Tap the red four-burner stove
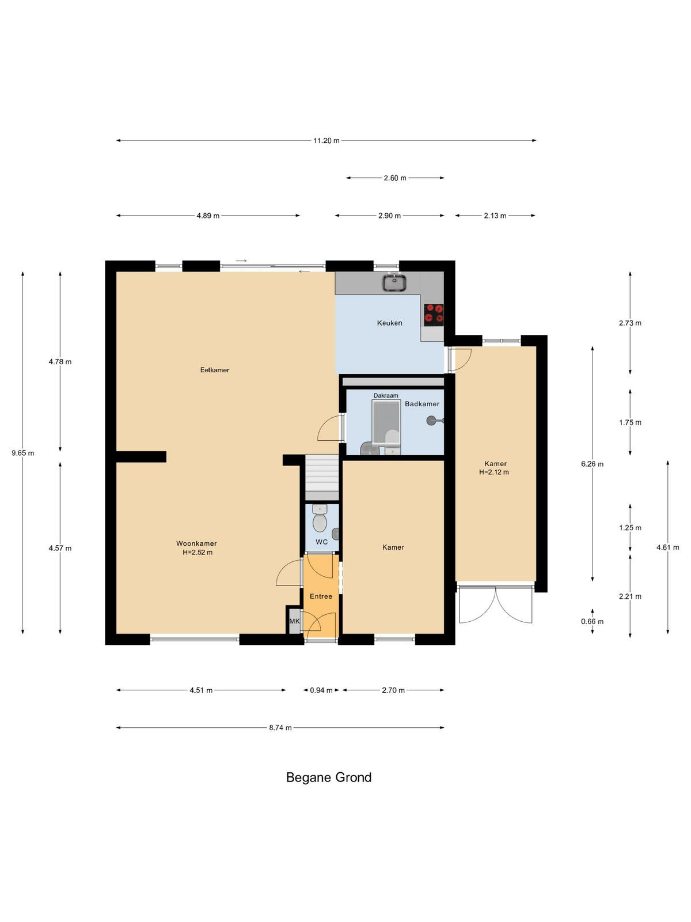[434, 315]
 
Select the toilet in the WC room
[320, 518]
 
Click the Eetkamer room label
[214, 370]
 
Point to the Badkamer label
[422, 404]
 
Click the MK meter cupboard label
[294, 621]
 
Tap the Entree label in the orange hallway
[321, 596]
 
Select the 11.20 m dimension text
[326, 141]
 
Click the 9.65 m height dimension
[23, 453]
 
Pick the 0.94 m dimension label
[321, 690]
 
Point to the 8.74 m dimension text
[280, 728]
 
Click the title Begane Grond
[328, 777]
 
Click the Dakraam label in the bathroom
[386, 395]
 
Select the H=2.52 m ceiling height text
[198, 553]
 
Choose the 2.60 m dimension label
[395, 178]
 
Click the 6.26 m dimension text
[593, 464]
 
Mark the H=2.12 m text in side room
[494, 472]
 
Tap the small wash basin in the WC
[335, 534]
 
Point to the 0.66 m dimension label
[593, 622]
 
